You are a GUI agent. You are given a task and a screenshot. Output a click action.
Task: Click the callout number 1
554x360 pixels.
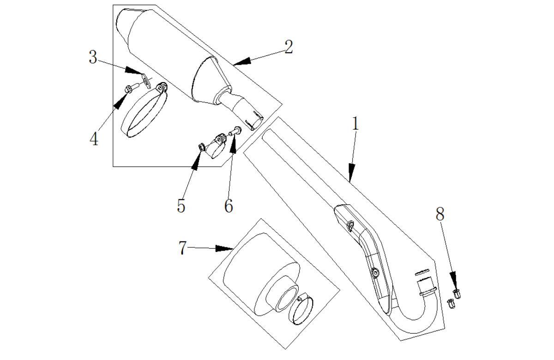(355, 124)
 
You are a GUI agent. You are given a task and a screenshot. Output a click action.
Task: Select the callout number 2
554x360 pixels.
(289, 47)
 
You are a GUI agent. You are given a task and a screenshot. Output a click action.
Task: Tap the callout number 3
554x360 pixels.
(93, 57)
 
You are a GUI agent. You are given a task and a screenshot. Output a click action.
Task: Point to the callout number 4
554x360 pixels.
(94, 139)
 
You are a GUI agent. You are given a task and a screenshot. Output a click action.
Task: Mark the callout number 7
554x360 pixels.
(182, 248)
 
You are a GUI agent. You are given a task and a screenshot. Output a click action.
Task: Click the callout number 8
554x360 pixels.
(440, 214)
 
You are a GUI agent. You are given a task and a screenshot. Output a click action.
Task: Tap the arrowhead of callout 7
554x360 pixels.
(224, 248)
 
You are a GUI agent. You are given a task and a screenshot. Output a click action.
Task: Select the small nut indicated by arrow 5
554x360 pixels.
(202, 147)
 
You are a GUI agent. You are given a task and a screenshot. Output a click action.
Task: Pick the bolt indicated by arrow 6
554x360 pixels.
(235, 131)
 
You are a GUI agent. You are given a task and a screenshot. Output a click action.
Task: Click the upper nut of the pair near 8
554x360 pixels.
(457, 294)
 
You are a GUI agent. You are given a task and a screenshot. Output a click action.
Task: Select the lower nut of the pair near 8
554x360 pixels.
(451, 304)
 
